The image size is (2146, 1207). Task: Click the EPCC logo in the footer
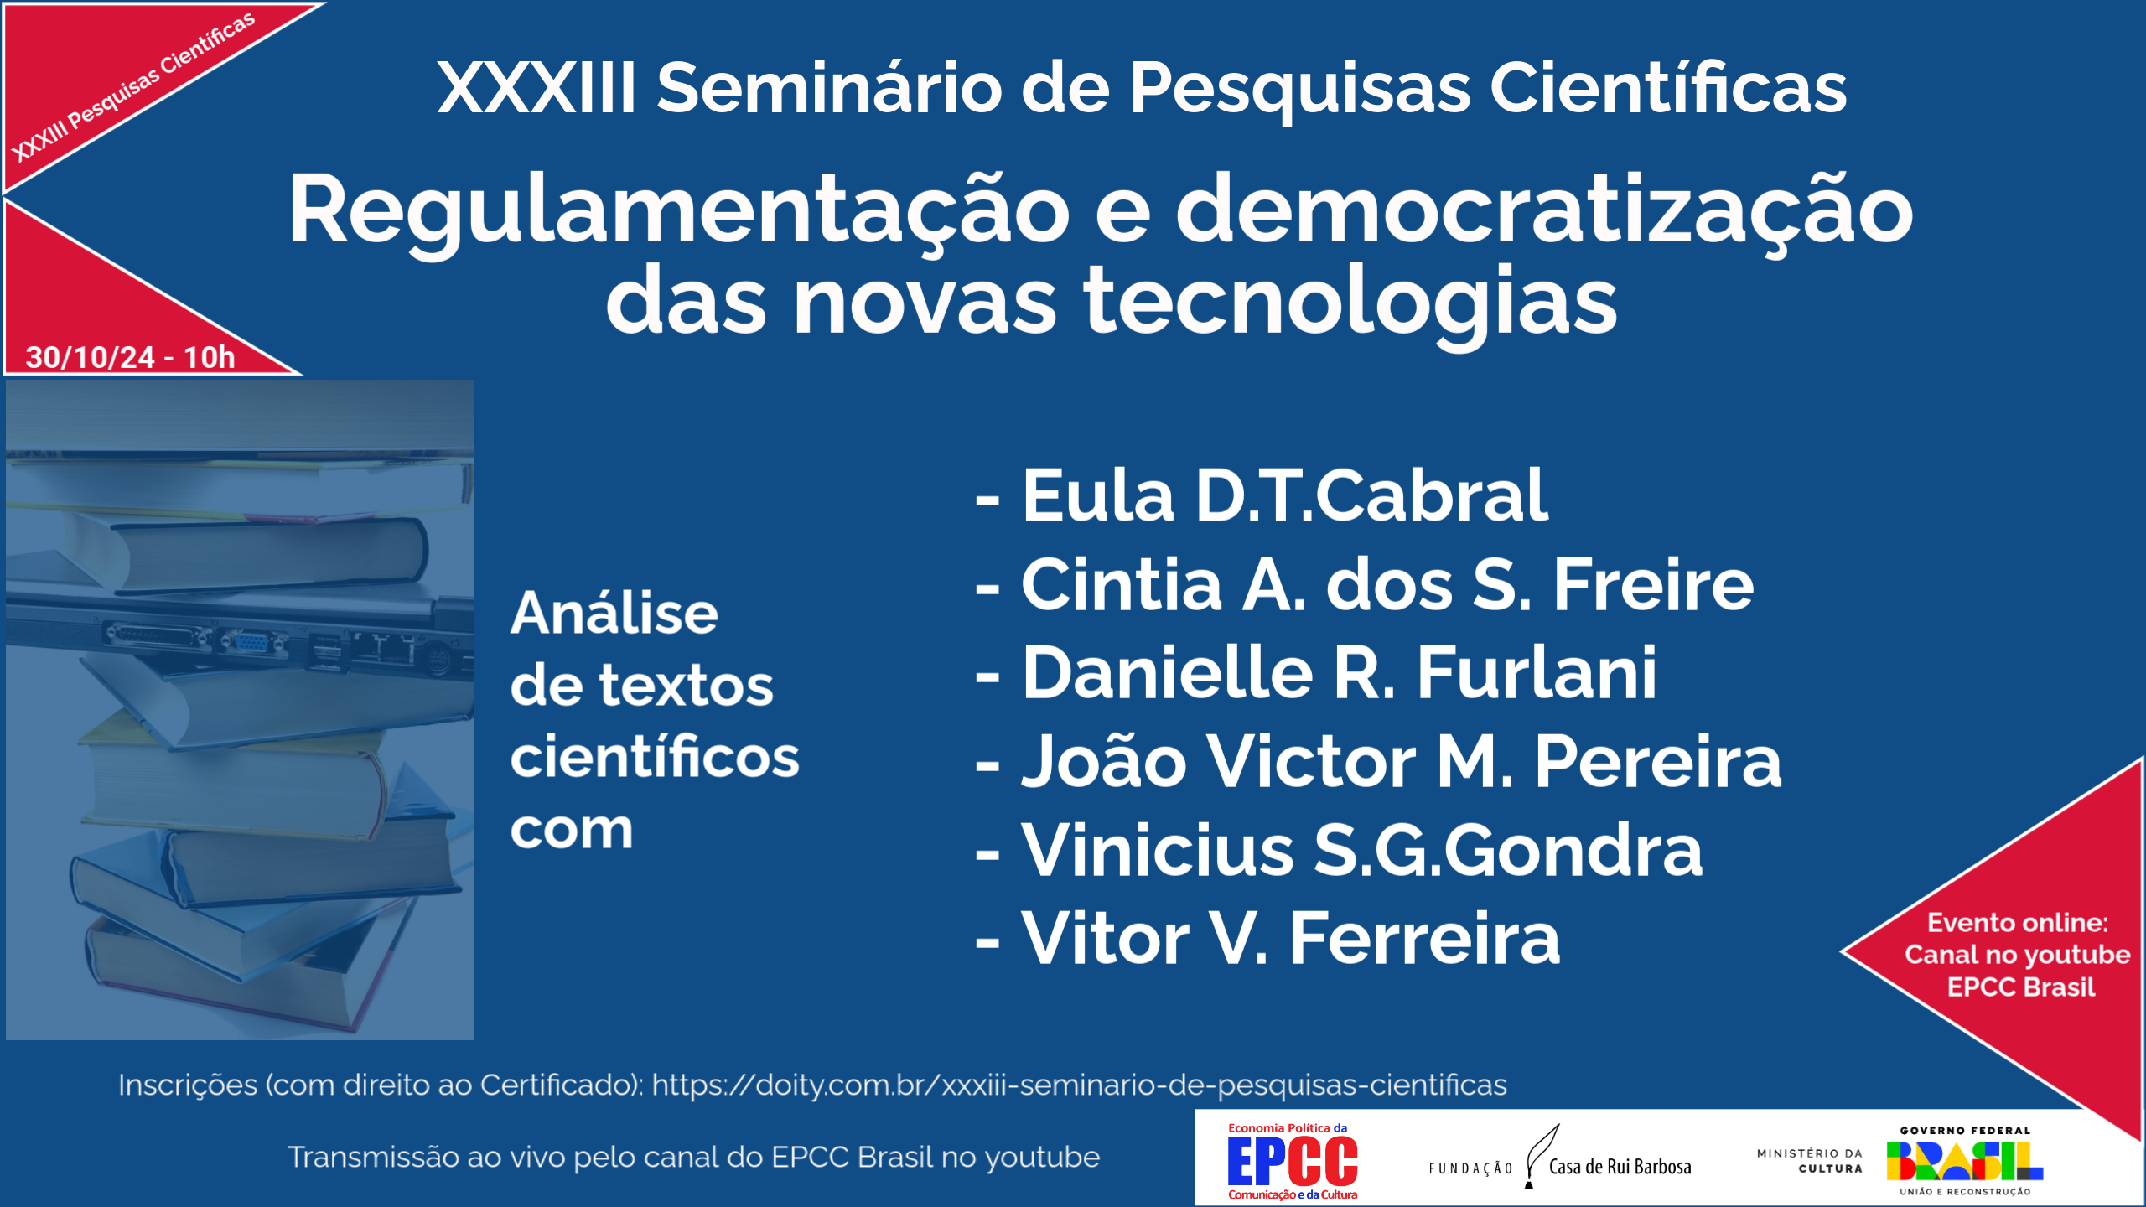[x=1293, y=1162]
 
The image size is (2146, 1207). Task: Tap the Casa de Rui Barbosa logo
[x=1561, y=1162]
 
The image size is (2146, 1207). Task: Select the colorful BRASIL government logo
[x=1964, y=1161]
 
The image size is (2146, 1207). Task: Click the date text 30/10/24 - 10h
[x=130, y=358]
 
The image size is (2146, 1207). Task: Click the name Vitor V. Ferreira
[x=1290, y=939]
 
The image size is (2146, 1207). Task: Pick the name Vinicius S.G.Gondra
[x=1361, y=851]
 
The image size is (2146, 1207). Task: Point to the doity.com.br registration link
[x=1079, y=1085]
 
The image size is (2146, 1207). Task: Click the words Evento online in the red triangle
[x=2017, y=923]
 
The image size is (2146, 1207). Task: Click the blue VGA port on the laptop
[x=251, y=644]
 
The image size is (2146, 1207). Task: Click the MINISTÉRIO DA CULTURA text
[x=1810, y=1161]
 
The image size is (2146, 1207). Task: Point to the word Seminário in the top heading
[x=829, y=88]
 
